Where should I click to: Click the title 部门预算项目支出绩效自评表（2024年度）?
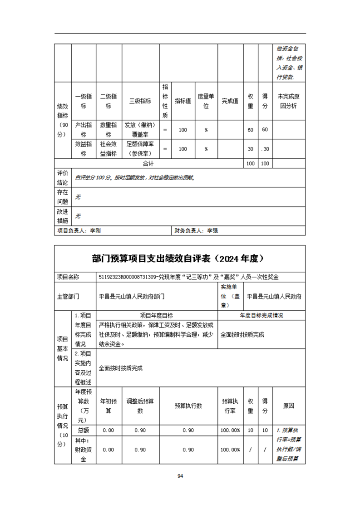pyautogui.click(x=180, y=259)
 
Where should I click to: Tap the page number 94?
pyautogui.click(x=180, y=476)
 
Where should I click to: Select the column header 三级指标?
pyautogui.click(x=140, y=101)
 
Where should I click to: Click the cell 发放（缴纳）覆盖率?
pyautogui.click(x=140, y=130)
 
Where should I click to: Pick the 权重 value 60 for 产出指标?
pyautogui.click(x=250, y=130)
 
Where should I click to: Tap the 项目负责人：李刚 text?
pyautogui.click(x=79, y=230)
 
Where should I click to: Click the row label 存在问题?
pyautogui.click(x=63, y=197)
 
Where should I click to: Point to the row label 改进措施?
pyautogui.click(x=63, y=216)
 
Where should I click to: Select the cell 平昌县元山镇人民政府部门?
pyautogui.click(x=132, y=297)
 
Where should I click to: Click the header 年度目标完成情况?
pyautogui.click(x=261, y=315)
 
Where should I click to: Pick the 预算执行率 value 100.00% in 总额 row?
pyautogui.click(x=230, y=430)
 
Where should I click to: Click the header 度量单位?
pyautogui.click(x=206, y=101)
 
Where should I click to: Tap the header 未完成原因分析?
pyautogui.click(x=289, y=101)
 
